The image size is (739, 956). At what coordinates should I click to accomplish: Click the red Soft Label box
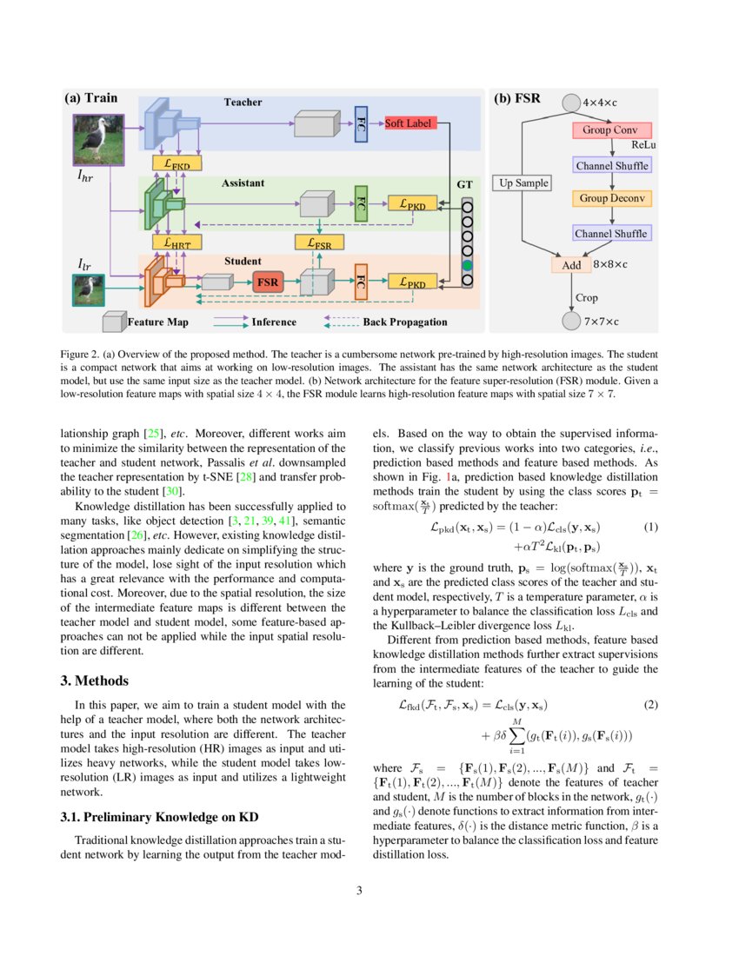pyautogui.click(x=408, y=124)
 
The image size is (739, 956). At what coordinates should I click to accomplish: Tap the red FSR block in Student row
pyautogui.click(x=267, y=282)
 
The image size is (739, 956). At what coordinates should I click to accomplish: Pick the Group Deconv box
pyautogui.click(x=612, y=198)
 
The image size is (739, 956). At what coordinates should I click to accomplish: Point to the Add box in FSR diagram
pyautogui.click(x=571, y=264)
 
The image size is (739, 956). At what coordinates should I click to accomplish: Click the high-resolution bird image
pyautogui.click(x=99, y=140)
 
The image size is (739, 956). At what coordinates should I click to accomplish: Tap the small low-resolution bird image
pyautogui.click(x=88, y=290)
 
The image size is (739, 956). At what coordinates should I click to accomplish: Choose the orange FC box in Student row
pyautogui.click(x=361, y=282)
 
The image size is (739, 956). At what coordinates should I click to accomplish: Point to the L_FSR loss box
pyautogui.click(x=319, y=244)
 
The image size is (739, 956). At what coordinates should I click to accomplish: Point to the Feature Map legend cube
pyautogui.click(x=113, y=322)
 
